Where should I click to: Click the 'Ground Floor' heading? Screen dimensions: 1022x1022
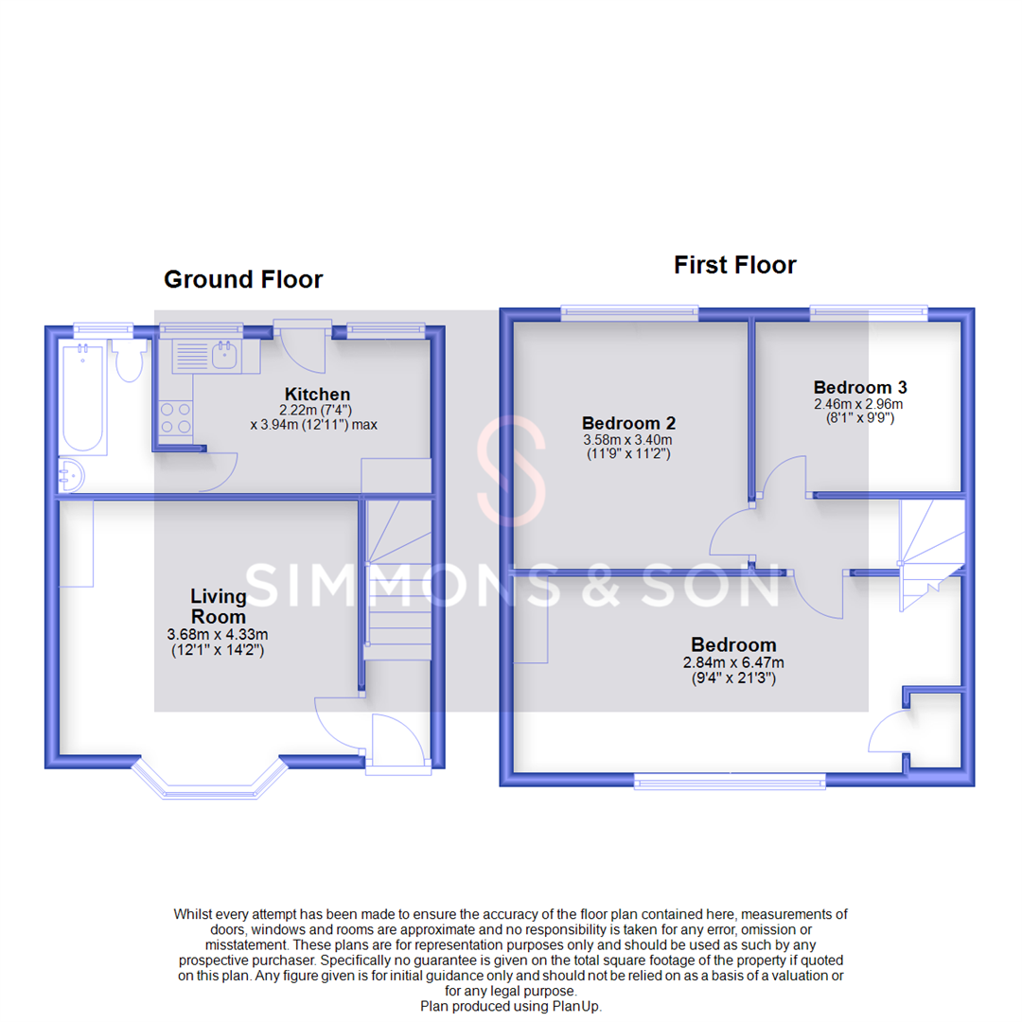[x=243, y=279]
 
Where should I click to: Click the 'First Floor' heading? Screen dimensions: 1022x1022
[x=734, y=265]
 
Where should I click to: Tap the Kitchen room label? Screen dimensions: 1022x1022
[x=318, y=394]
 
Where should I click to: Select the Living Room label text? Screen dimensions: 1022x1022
[x=219, y=606]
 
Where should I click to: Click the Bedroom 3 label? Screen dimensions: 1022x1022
[x=853, y=387]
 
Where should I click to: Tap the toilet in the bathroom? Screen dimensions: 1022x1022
[x=128, y=361]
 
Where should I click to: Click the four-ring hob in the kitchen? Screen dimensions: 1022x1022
[x=174, y=418]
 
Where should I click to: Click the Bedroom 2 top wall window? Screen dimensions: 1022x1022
[x=629, y=312]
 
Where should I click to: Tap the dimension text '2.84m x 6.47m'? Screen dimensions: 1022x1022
[x=733, y=662]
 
